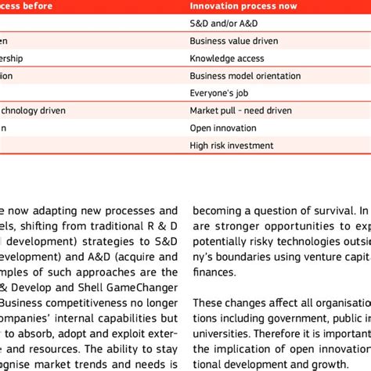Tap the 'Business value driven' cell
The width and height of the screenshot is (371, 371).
pos(231,41)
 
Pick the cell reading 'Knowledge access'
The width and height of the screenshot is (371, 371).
pos(223,58)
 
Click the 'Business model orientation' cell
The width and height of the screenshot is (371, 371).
pos(244,76)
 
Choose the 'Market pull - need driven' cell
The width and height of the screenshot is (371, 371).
pos(239,110)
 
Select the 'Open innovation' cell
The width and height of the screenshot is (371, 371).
pos(223,128)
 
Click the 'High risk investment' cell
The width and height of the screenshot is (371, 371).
pos(231,145)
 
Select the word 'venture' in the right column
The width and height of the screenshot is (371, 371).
pos(314,257)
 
